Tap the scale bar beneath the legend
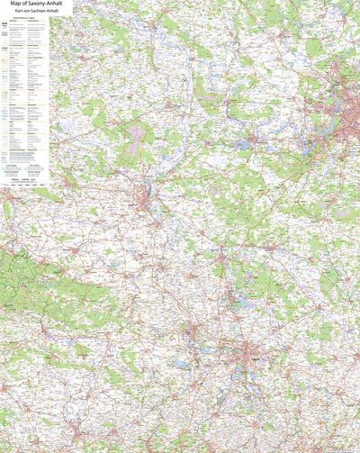[x=25, y=182]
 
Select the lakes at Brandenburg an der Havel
[x=247, y=143]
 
